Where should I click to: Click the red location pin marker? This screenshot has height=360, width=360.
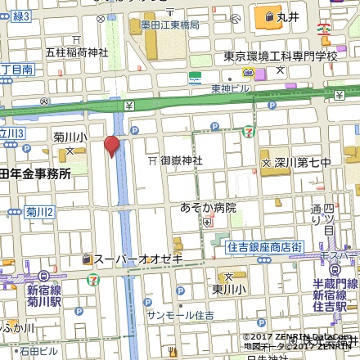(x=111, y=147)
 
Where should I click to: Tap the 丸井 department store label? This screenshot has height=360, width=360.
(x=287, y=16)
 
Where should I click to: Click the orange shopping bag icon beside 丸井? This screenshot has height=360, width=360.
(x=267, y=16)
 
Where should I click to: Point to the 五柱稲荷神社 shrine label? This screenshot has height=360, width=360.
(x=76, y=52)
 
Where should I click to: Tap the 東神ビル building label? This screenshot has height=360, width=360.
(x=230, y=88)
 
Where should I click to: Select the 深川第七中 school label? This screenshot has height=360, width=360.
(x=302, y=162)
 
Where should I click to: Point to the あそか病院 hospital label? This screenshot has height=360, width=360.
(x=208, y=208)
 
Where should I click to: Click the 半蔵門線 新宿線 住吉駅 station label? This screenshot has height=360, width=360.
(x=335, y=288)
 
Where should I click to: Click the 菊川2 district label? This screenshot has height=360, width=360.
(x=39, y=212)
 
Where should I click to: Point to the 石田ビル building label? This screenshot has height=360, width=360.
(x=40, y=353)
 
